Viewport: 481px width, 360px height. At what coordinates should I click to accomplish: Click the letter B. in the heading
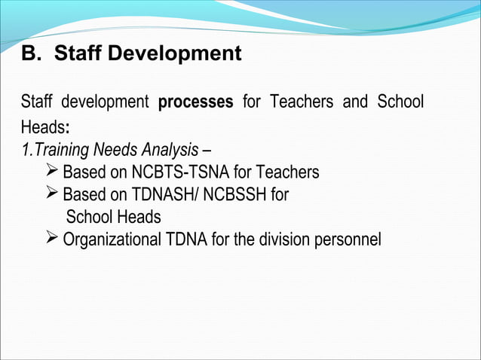[x=29, y=55]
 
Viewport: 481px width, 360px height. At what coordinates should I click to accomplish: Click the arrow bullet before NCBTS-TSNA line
[x=52, y=172]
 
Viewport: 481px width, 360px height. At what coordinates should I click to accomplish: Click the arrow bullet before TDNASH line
[x=52, y=194]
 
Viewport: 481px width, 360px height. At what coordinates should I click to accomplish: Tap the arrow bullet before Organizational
[x=52, y=239]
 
